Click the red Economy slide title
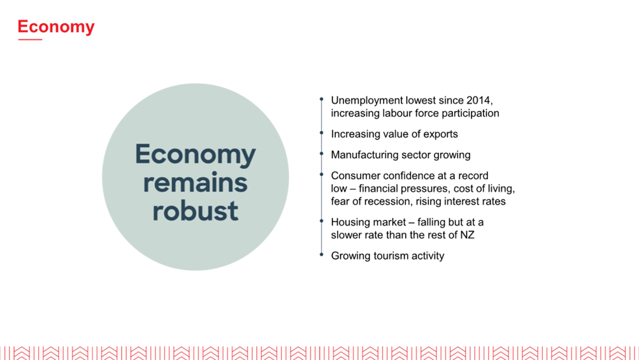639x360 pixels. click(56, 27)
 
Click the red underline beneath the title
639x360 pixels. click(30, 40)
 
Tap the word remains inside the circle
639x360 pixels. click(195, 183)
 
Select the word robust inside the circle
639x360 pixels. click(195, 211)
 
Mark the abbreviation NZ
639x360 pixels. click(468, 235)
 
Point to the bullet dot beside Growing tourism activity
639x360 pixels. click(322, 255)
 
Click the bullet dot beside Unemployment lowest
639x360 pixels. click(322, 99)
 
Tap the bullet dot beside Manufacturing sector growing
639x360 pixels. click(322, 154)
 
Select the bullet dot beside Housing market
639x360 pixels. click(322, 221)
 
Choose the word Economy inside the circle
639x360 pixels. click(195, 155)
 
